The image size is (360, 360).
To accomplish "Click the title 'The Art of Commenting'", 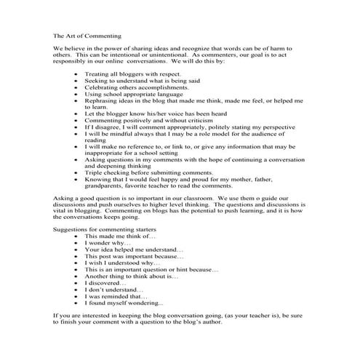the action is pyautogui.click(x=87, y=35).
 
